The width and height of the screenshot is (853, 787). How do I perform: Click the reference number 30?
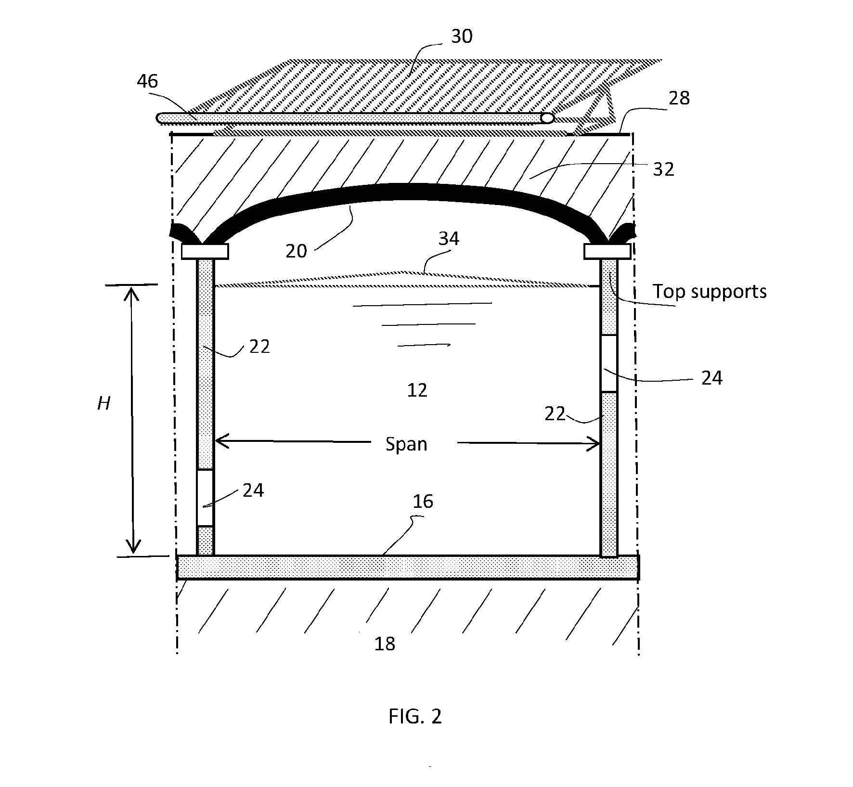[x=462, y=36]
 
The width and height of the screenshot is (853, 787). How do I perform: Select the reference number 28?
[x=679, y=98]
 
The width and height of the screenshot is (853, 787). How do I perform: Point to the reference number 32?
[x=663, y=169]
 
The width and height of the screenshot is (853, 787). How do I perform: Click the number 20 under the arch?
[x=296, y=251]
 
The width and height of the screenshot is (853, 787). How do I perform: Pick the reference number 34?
[x=449, y=238]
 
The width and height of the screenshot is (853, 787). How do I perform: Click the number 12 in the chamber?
[x=417, y=390]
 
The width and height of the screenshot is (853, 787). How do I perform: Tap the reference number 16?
[x=423, y=502]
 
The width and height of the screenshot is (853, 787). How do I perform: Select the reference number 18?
[x=385, y=644]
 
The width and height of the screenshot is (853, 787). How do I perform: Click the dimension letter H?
[x=104, y=403]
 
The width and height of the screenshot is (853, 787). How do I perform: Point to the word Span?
[x=406, y=444]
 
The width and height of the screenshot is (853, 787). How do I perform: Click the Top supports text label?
[x=710, y=292]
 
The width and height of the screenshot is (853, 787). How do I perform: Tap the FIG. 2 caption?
[x=415, y=717]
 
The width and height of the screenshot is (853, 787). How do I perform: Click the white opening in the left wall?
[x=206, y=498]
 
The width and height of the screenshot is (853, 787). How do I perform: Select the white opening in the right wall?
[x=609, y=363]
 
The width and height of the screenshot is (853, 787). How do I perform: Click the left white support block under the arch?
[x=205, y=251]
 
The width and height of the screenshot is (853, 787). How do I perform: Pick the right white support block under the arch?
[x=607, y=251]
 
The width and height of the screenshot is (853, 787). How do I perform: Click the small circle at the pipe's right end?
[x=547, y=118]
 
